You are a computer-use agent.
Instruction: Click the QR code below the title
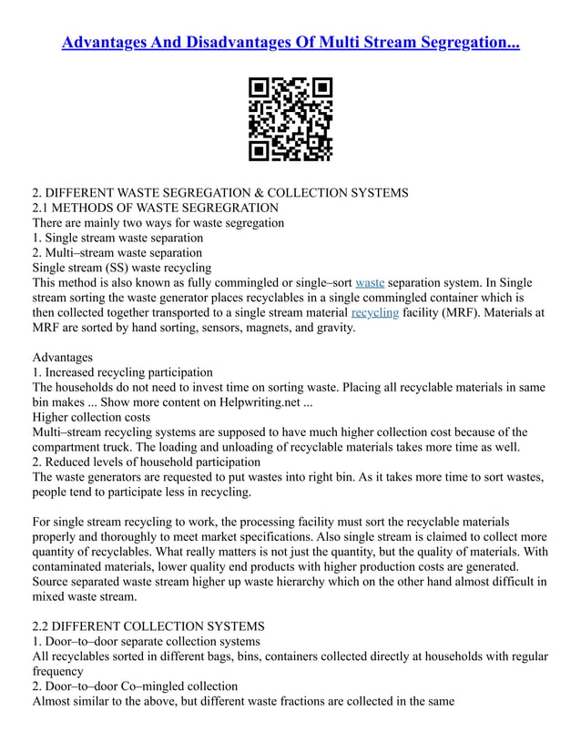coord(290,119)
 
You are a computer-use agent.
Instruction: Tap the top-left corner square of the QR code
coord(259,88)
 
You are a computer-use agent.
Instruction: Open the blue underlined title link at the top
coord(290,42)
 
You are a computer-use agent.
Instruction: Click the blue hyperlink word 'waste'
coord(370,283)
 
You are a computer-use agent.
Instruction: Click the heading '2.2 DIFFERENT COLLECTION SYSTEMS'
coord(148,626)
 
